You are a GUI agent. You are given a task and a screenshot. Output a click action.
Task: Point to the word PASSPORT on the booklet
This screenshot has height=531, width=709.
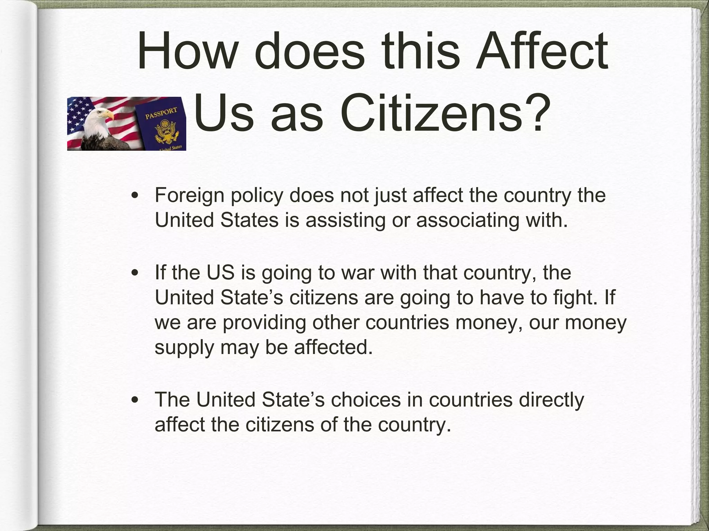pos(161,113)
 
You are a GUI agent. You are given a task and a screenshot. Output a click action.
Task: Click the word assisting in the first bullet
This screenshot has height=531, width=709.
pos(345,220)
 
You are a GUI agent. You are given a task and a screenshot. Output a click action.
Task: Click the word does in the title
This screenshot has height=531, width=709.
pos(309,51)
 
